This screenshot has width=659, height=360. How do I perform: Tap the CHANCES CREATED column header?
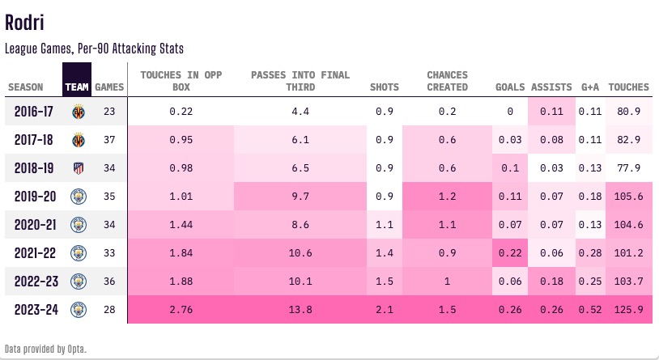pos(447,81)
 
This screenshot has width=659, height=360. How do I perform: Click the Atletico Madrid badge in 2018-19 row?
pos(79,168)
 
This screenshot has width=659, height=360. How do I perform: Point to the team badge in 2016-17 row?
pos(79,112)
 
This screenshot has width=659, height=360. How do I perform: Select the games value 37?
pos(109,140)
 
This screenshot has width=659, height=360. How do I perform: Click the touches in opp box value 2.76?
pos(181,309)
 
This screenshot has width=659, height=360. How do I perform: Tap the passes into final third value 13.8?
pos(300,309)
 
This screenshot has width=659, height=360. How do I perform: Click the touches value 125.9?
pos(628,309)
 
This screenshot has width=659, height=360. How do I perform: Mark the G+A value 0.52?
pos(589,309)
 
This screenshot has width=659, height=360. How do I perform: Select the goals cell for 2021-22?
pos(510,252)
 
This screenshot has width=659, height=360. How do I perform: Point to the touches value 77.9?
pos(628,168)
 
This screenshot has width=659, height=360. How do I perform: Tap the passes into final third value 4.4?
pos(300,112)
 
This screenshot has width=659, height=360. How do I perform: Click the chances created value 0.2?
pos(447,112)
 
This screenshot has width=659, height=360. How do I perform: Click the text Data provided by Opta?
pos(45,349)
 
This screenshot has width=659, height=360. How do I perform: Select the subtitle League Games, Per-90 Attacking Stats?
pos(94,49)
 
